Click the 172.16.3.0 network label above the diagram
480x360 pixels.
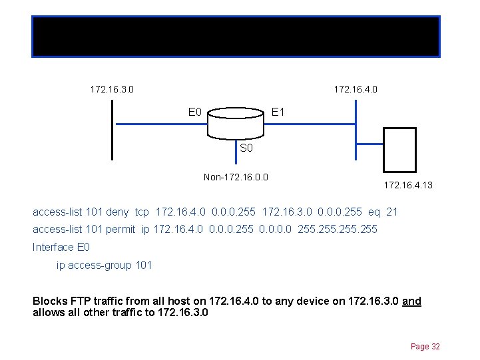click(x=112, y=89)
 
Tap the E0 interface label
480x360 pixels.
click(x=195, y=112)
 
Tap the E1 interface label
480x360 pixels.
click(x=278, y=112)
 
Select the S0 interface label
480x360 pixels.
click(x=246, y=148)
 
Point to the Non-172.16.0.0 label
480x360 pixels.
click(x=236, y=177)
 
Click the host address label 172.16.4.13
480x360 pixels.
click(x=407, y=185)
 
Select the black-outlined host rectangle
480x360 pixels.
click(x=399, y=150)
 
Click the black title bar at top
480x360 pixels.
click(x=236, y=36)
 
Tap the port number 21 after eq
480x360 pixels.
click(x=391, y=212)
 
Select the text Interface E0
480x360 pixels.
click(x=61, y=247)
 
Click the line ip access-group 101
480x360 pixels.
click(x=104, y=265)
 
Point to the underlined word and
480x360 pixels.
click(x=411, y=301)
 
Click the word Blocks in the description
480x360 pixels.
click(x=49, y=301)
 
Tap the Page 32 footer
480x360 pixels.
click(x=425, y=347)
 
